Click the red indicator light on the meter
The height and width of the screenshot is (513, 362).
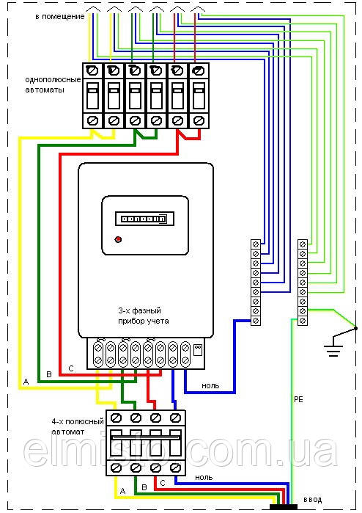118,239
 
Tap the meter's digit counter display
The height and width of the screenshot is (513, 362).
145,219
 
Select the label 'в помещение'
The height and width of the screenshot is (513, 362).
60,16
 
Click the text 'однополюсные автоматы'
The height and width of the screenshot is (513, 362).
53,84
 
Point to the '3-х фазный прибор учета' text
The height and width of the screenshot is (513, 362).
144,316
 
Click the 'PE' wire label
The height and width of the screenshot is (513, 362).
299,399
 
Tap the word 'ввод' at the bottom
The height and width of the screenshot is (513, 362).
313,500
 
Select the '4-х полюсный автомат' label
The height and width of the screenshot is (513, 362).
78,426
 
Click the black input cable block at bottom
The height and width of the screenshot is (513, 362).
284,507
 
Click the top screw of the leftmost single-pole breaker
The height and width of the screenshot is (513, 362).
92,70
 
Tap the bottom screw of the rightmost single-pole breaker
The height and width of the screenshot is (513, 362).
199,120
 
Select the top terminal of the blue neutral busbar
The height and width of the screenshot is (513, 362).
256,244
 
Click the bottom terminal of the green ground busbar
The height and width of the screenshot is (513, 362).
303,320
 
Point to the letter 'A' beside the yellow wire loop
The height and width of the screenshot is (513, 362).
26,382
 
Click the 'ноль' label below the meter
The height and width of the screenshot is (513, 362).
210,386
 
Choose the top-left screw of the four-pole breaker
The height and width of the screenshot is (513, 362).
116,418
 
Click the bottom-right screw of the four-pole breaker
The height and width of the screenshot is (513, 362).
176,467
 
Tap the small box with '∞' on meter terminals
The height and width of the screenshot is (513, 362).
198,349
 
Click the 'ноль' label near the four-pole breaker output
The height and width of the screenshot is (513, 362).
204,477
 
